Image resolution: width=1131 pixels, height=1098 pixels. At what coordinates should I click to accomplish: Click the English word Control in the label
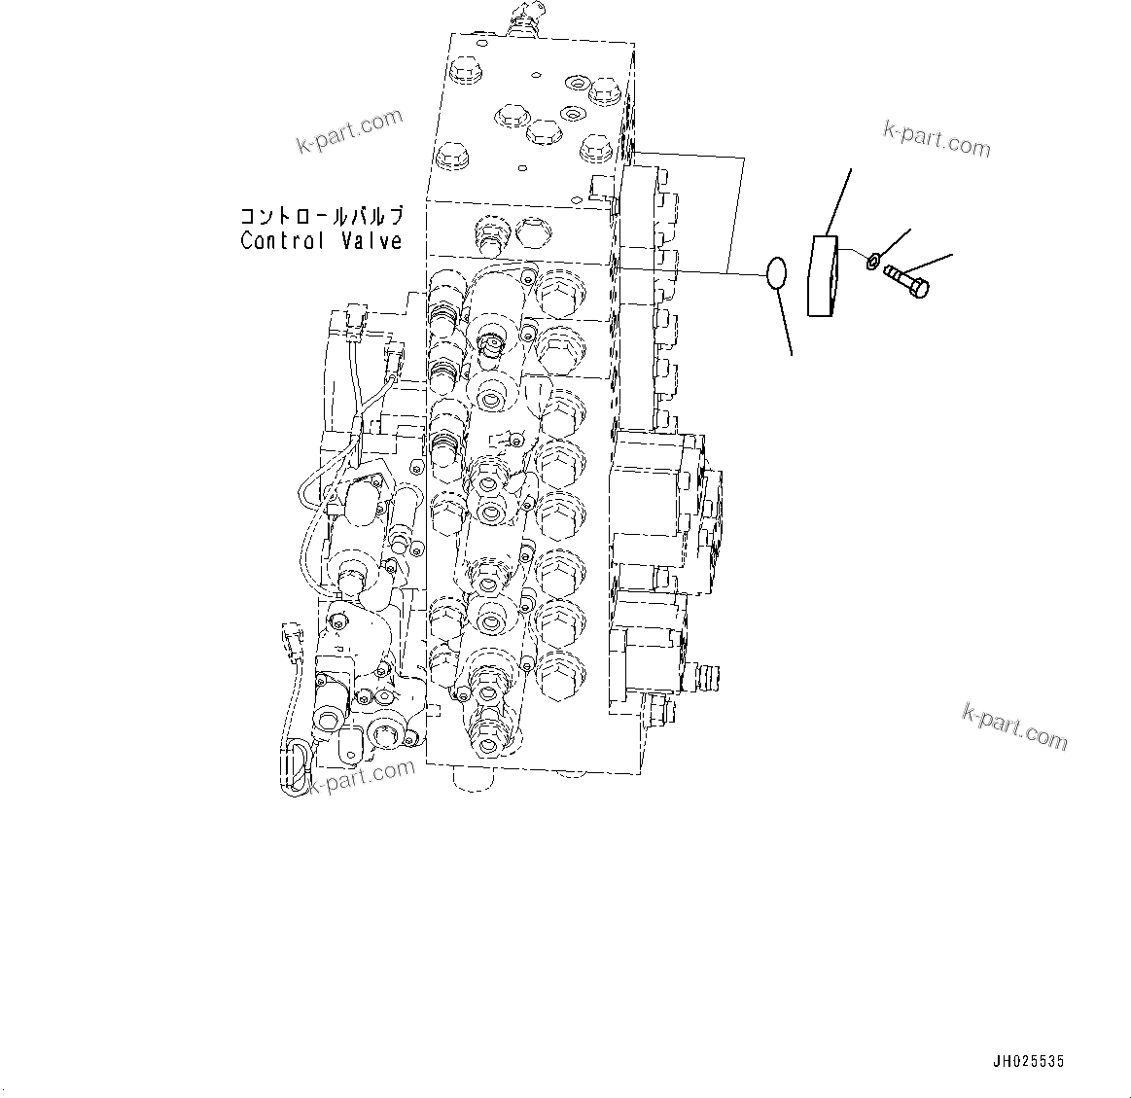pos(282,240)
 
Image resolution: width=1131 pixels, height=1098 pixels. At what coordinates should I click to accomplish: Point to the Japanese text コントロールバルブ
pos(320,216)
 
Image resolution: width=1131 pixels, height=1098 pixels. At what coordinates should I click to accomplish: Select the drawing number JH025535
pos(1029,1061)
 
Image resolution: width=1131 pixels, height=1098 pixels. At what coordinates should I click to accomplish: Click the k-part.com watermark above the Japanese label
pos(349,132)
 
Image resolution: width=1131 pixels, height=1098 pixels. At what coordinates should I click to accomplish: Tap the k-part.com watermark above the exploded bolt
pos(937,139)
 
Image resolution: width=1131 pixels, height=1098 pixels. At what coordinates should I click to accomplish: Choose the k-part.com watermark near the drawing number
pos(1013,726)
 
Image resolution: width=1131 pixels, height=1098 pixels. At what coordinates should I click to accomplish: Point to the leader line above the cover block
pos(838,201)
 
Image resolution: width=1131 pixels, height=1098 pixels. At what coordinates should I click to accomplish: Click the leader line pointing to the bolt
pos(929,264)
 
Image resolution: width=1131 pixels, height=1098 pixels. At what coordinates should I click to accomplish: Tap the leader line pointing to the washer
pos(896,240)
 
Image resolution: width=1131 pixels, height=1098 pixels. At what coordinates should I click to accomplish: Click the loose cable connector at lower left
pos(291,641)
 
